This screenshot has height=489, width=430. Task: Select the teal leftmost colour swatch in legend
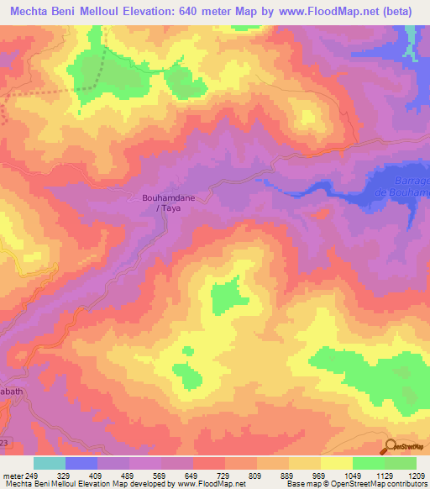[50, 463]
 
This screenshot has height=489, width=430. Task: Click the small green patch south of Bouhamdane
[225, 297]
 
